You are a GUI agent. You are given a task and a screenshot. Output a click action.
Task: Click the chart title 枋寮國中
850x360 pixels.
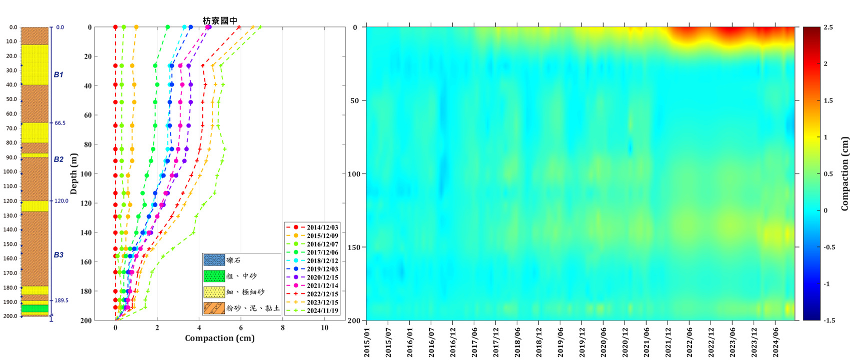[220, 20]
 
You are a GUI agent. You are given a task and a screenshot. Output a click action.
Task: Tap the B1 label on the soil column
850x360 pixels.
[58, 74]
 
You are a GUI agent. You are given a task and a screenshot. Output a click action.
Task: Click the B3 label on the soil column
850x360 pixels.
[58, 255]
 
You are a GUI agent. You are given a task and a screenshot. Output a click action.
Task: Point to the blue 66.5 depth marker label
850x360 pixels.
[60, 123]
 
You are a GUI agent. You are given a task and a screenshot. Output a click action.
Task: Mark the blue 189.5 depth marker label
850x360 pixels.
[61, 300]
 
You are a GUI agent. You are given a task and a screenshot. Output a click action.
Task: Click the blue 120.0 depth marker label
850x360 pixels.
[61, 201]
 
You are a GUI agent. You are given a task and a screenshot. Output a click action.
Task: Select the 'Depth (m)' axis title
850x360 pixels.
[74, 173]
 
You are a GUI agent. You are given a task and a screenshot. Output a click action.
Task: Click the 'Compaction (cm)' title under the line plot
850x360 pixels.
[220, 338]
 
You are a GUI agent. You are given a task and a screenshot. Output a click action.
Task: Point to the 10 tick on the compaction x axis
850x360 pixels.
[324, 327]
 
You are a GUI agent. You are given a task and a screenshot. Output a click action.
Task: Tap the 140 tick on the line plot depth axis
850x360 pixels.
[86, 232]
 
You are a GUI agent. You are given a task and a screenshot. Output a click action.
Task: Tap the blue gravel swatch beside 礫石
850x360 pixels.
[214, 260]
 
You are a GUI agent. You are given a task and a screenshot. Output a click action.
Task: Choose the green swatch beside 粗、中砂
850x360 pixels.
[214, 276]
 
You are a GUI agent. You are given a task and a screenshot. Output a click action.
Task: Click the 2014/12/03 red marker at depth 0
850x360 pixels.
[115, 27]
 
